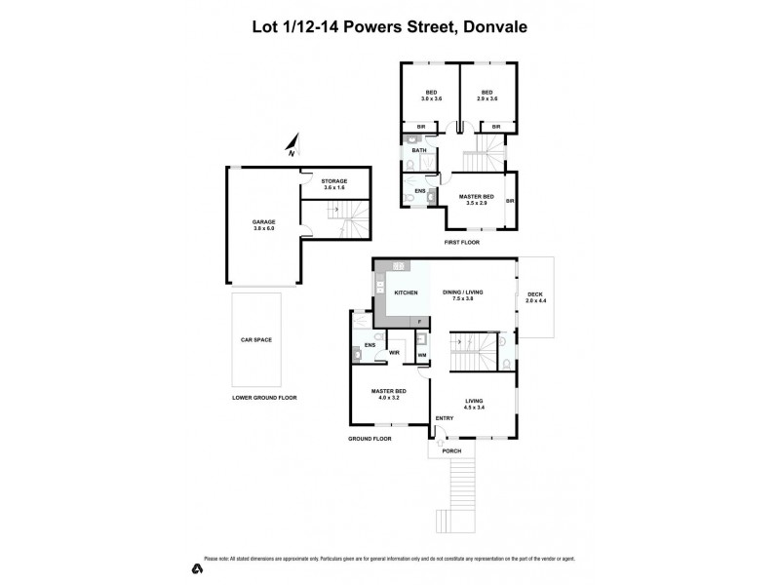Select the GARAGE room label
(263, 224)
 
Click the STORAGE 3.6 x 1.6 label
(334, 185)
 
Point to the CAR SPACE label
(256, 339)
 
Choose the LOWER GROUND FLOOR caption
(264, 398)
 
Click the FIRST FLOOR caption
(458, 240)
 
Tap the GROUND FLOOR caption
(370, 439)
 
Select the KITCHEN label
(406, 292)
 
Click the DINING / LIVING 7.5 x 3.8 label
(464, 295)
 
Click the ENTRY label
(445, 419)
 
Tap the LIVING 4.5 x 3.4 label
(474, 403)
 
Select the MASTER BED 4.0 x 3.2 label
(387, 395)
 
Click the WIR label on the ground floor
(395, 353)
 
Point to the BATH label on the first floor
(419, 150)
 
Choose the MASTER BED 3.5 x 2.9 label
(477, 200)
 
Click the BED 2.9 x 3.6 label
(487, 96)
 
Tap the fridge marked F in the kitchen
(419, 321)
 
